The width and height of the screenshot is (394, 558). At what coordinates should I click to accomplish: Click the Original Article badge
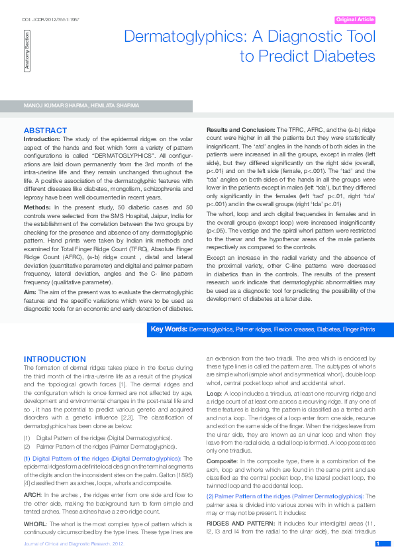(x=356, y=20)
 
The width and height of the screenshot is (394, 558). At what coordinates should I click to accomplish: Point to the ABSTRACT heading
(x=45, y=130)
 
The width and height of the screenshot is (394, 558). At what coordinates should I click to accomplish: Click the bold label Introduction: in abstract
(x=42, y=139)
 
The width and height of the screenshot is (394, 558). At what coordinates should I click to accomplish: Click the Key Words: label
(x=169, y=329)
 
